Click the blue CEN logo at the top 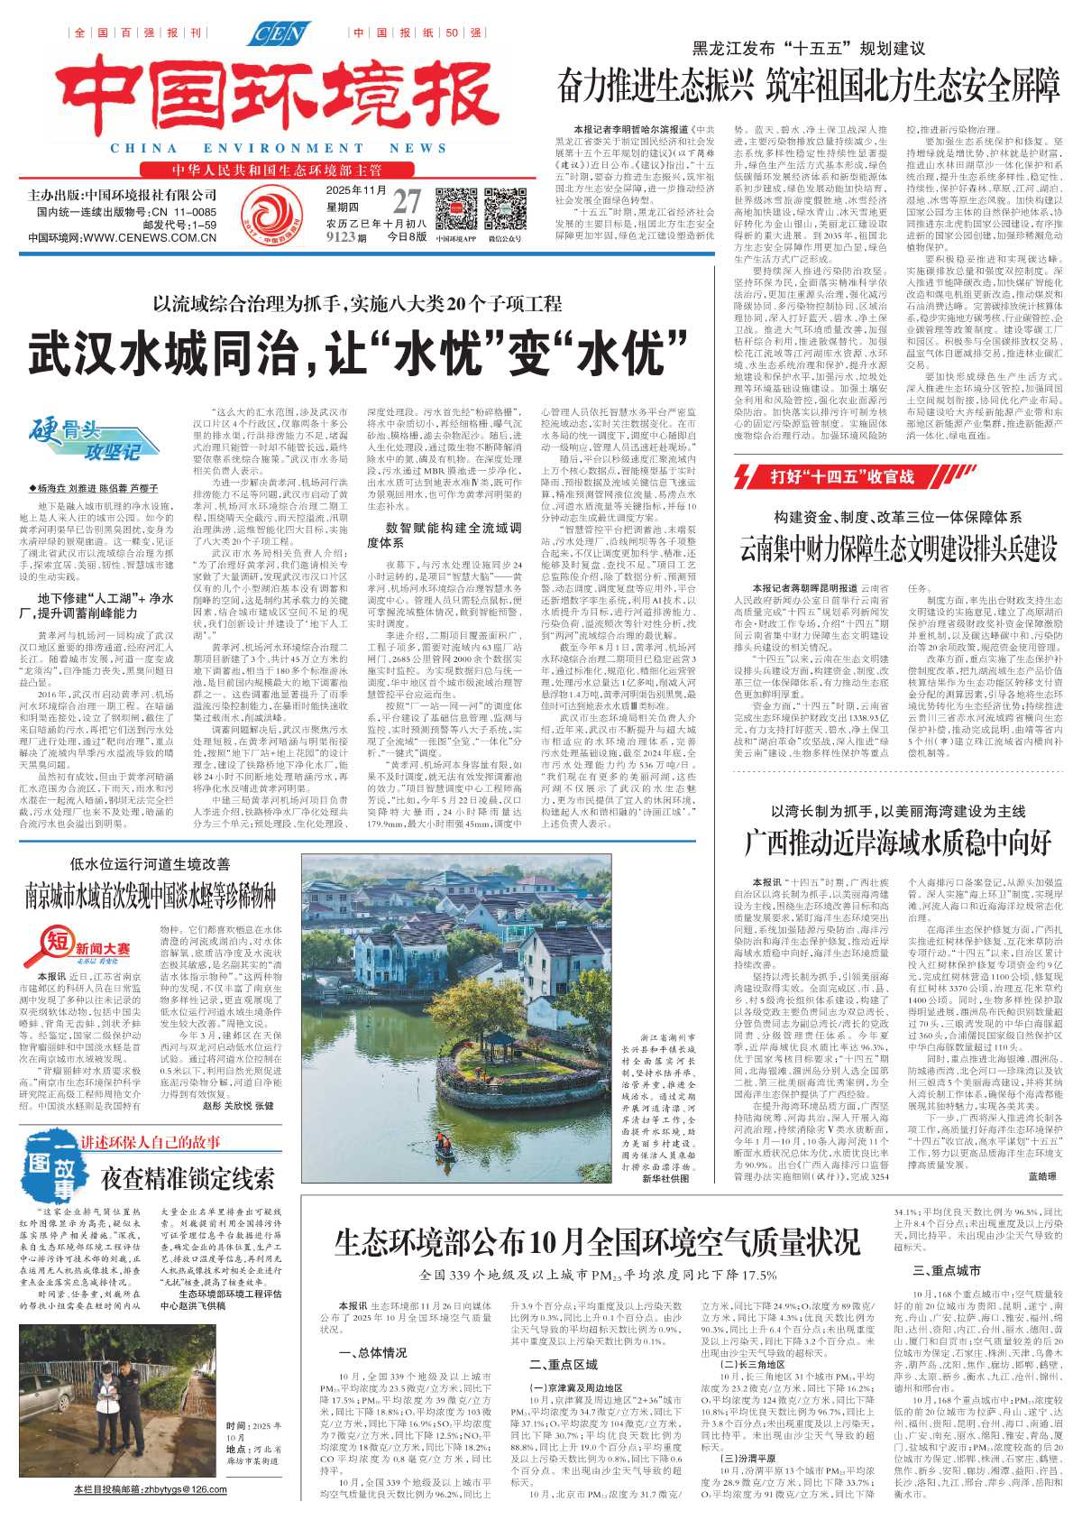click(280, 34)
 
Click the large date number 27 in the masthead click(406, 202)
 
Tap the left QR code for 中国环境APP click(455, 209)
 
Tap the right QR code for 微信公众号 click(504, 209)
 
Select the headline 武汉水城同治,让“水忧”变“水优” click(345, 354)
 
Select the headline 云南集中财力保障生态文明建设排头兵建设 click(898, 548)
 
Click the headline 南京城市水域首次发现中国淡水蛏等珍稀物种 click(151, 895)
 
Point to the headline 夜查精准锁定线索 click(188, 1178)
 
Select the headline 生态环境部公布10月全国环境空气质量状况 click(597, 1242)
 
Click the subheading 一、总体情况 click(372, 1353)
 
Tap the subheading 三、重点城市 click(946, 1270)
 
